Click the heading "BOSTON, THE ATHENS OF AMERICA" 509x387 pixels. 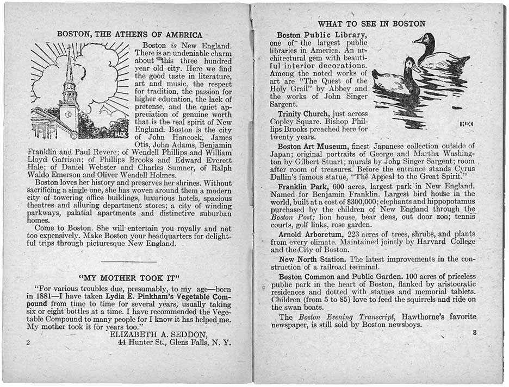(129, 35)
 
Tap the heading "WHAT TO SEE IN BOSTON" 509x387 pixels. (371, 24)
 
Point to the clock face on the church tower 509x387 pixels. (69, 114)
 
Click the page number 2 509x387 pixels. (28, 343)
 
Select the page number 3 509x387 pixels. (474, 333)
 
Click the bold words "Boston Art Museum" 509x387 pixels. (313, 146)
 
